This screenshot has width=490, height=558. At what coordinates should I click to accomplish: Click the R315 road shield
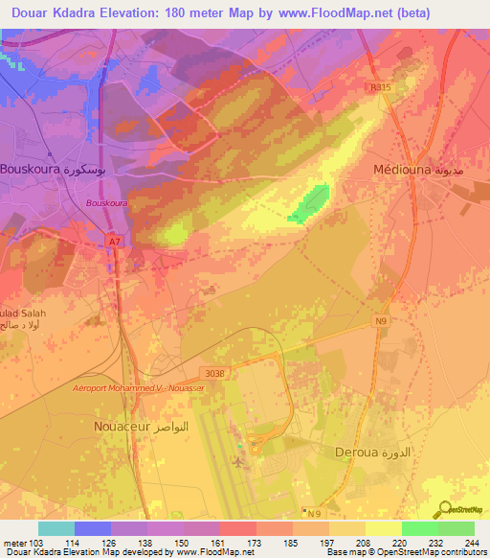pyautogui.click(x=380, y=86)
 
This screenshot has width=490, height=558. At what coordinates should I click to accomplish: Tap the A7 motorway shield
pyautogui.click(x=114, y=242)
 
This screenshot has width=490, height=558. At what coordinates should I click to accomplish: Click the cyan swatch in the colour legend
pyautogui.click(x=56, y=528)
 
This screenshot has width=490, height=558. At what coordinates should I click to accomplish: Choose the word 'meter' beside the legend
pyautogui.click(x=14, y=542)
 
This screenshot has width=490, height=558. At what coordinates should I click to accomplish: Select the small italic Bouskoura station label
pyautogui.click(x=105, y=203)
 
